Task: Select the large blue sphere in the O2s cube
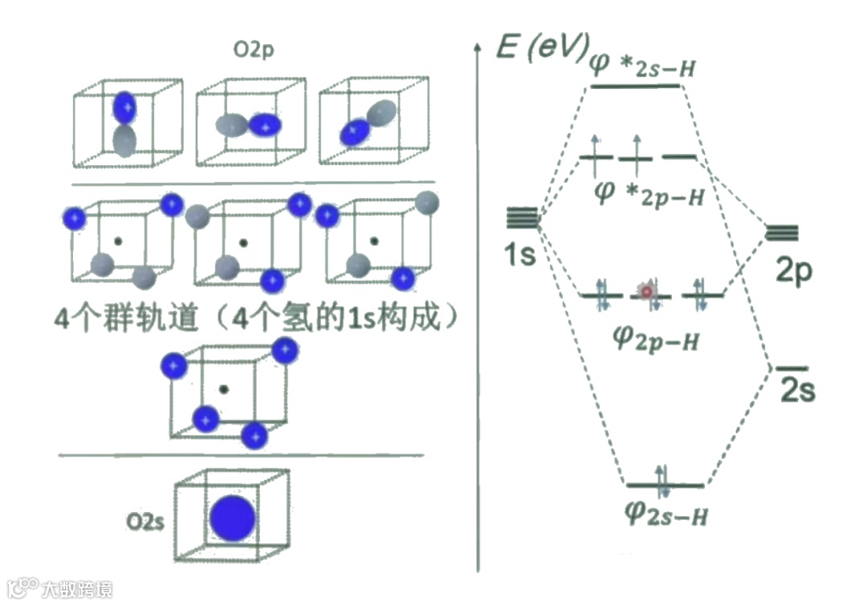[233, 518]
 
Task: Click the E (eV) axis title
[540, 49]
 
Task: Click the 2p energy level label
[793, 271]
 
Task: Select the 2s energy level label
[797, 392]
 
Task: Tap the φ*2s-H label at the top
[641, 64]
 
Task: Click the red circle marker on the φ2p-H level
[645, 292]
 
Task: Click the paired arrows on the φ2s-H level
[662, 478]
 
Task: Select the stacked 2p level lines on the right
[782, 233]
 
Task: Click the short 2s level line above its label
[793, 368]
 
